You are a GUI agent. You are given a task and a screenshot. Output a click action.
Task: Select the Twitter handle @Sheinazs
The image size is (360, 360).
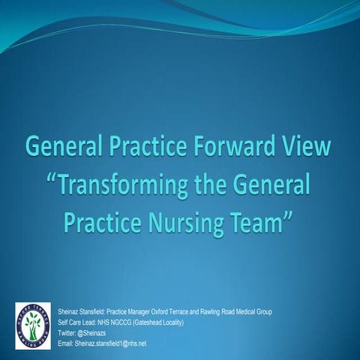(x=95, y=332)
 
